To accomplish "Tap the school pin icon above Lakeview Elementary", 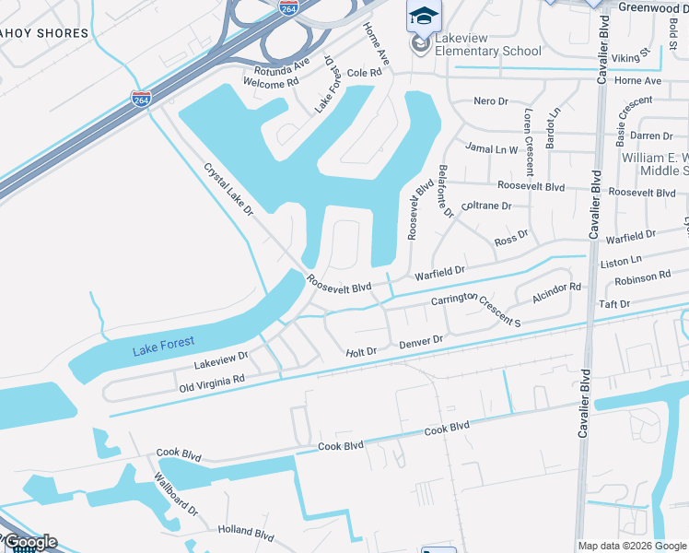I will [x=424, y=16].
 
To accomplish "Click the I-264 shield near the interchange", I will [x=288, y=8].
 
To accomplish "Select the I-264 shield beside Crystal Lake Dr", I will [x=142, y=99].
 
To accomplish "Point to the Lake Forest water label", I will [x=163, y=344].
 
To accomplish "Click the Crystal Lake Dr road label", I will [x=228, y=190].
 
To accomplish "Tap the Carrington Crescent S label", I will [x=476, y=309].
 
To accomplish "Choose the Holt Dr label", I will [x=361, y=352].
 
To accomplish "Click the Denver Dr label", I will [x=421, y=342].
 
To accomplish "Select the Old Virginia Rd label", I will [x=212, y=381].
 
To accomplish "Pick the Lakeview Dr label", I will [x=221, y=356].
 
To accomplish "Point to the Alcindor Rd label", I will [x=556, y=293].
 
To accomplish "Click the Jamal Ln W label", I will [x=492, y=148].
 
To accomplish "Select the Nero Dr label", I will [x=491, y=100].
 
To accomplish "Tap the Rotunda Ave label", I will [x=275, y=68].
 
